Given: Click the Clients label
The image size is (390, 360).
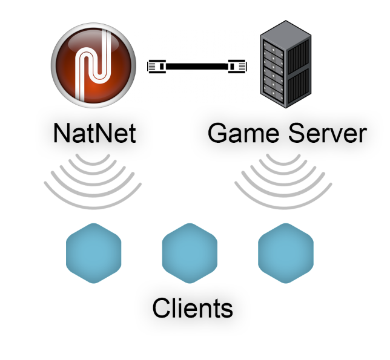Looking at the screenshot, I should (192, 308).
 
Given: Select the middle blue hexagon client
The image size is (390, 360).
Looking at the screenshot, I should (190, 254).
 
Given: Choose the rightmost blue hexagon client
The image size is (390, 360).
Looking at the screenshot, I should (285, 254).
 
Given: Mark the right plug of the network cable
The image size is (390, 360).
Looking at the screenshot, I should (237, 65).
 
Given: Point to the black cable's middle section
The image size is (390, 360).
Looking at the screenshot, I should (197, 65).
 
